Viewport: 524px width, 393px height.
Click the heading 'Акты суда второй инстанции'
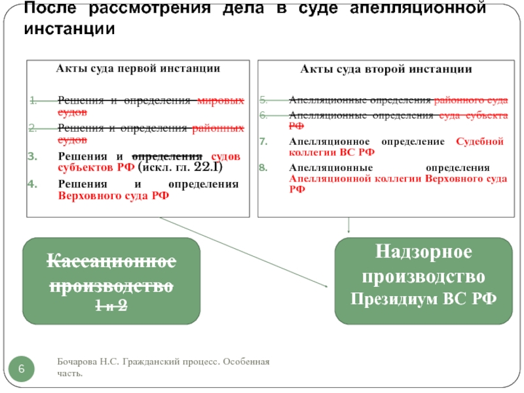386,69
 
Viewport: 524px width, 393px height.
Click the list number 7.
263,142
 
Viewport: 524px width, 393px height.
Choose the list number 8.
263,168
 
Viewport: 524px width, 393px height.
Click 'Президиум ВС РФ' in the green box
423,299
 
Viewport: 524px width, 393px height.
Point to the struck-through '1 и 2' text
112,305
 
